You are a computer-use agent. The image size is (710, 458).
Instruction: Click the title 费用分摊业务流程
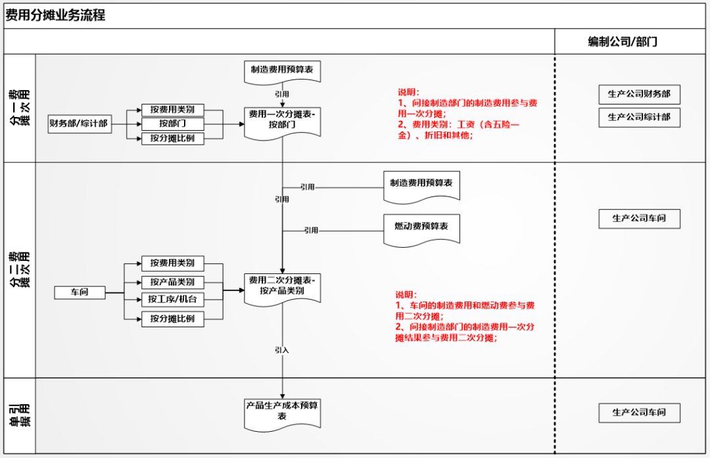pyautogui.click(x=55, y=16)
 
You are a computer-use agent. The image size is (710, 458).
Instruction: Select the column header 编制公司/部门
pyautogui.click(x=622, y=41)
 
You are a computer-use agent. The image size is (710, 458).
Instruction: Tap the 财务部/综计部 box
pyautogui.click(x=78, y=124)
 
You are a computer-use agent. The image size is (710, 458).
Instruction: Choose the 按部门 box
pyautogui.click(x=172, y=124)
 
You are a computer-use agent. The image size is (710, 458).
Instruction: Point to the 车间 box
pyautogui.click(x=80, y=292)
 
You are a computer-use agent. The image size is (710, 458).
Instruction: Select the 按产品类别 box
pyautogui.click(x=172, y=282)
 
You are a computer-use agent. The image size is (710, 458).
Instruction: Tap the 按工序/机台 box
pyautogui.click(x=172, y=300)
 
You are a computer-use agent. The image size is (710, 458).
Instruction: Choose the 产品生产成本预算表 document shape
pyautogui.click(x=283, y=411)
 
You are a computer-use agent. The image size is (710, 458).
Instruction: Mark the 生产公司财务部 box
pyautogui.click(x=639, y=95)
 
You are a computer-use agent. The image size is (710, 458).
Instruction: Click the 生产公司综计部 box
pyautogui.click(x=639, y=118)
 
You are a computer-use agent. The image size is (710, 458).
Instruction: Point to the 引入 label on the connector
pyautogui.click(x=282, y=350)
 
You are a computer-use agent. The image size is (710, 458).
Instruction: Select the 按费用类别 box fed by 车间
pyautogui.click(x=172, y=263)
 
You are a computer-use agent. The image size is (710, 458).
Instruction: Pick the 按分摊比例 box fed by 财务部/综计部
pyautogui.click(x=172, y=139)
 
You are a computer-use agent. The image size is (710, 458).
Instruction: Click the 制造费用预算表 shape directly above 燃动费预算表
pyautogui.click(x=421, y=185)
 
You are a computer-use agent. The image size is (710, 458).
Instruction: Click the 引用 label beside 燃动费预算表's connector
pyautogui.click(x=311, y=231)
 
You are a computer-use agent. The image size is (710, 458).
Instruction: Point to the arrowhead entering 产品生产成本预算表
pyautogui.click(x=283, y=394)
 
